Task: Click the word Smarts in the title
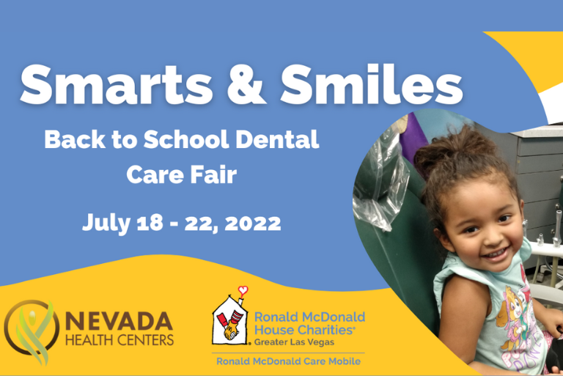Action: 117,84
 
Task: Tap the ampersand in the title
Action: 246,85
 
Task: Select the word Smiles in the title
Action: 372,84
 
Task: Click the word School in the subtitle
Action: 186,139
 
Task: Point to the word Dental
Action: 277,139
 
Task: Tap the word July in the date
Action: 106,224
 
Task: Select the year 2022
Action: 253,223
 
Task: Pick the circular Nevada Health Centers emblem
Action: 32,331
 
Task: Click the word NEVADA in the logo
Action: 119,322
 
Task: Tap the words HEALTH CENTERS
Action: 119,340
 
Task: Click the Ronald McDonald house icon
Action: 230,320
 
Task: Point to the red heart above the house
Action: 243,290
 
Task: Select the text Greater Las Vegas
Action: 294,342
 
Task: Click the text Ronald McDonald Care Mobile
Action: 288,361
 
